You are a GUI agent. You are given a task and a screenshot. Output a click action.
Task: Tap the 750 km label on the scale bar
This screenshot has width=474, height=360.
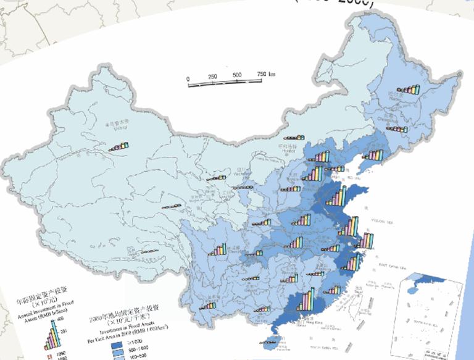(265, 74)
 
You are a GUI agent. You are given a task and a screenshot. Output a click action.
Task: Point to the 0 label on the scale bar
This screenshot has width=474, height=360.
(188, 78)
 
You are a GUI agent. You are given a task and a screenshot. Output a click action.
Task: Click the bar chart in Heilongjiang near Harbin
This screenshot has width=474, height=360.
(408, 89)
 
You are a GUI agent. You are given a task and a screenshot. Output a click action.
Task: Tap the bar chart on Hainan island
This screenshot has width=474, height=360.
(269, 340)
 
